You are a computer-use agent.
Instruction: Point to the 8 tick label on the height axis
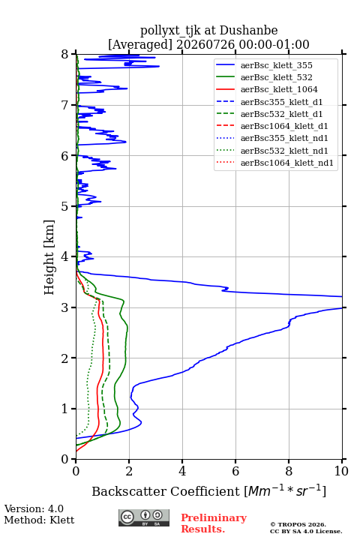point(65,55)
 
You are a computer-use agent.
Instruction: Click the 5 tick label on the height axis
point(65,207)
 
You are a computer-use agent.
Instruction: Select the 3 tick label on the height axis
point(65,307)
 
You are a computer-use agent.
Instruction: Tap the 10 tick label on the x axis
point(341,471)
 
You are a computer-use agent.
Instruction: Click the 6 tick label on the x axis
point(235,471)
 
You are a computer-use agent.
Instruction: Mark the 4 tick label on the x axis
point(182,471)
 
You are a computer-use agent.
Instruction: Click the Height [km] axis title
point(49,257)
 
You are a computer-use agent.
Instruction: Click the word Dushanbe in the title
point(248,30)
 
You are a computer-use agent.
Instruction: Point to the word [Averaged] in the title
point(140,45)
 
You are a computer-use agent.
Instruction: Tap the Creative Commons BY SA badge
point(144,517)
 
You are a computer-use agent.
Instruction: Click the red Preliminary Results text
point(214,523)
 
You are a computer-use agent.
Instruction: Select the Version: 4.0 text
point(34,508)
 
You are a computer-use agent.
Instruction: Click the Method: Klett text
point(39,520)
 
